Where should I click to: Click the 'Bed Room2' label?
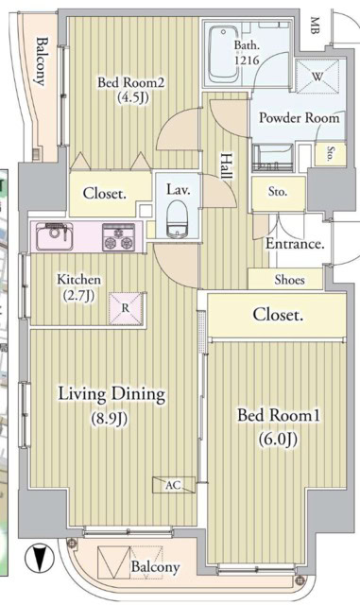coord(131,83)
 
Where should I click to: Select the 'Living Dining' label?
coord(111,394)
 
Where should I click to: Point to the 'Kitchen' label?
coord(78,280)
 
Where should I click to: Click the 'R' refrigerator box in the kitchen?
coord(126,306)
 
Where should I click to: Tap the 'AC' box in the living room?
coord(172,484)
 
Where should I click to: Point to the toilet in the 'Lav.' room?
coord(178,223)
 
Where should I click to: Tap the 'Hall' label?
coord(228,166)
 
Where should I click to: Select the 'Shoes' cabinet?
coord(289,280)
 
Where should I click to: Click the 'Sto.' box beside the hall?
coord(277,192)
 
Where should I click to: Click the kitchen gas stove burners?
coord(119,236)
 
